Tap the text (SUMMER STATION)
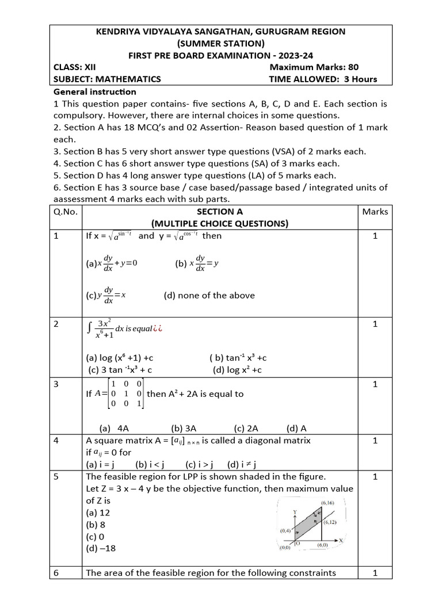pos(221,43)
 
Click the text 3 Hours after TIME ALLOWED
pos(360,79)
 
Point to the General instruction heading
pos(95,91)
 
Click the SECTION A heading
pos(220,212)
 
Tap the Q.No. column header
pos(66,212)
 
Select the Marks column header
pos(375,212)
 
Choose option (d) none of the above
pos(209,296)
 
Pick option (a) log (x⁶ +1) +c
pos(119,357)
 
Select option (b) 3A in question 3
pos(184,428)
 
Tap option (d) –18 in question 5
pos(101,548)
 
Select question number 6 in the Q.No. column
pos(56,573)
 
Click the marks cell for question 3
pos(375,384)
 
